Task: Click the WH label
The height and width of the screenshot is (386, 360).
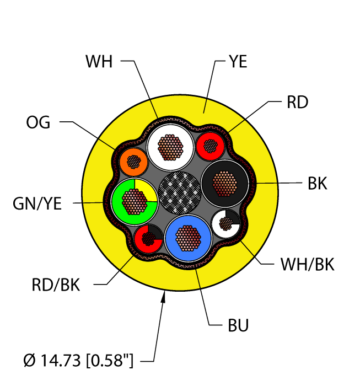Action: (x=99, y=61)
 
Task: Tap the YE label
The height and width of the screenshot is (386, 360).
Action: (x=238, y=61)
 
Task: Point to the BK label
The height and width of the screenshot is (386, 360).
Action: (x=317, y=183)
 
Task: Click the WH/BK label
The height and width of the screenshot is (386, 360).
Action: (x=307, y=265)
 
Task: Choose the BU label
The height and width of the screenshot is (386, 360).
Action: (x=238, y=326)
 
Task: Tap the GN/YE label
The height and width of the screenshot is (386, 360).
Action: (x=37, y=203)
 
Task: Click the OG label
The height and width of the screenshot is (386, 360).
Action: (x=38, y=122)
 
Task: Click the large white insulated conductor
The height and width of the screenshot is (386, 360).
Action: (x=171, y=147)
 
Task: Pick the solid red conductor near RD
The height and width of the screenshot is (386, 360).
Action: (x=210, y=146)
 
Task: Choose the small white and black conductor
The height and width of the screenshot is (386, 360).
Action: (x=226, y=223)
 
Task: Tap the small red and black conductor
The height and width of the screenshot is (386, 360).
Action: (x=148, y=238)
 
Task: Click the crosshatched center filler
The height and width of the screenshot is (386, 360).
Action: (x=180, y=191)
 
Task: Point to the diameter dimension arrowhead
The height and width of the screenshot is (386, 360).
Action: (x=164, y=297)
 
